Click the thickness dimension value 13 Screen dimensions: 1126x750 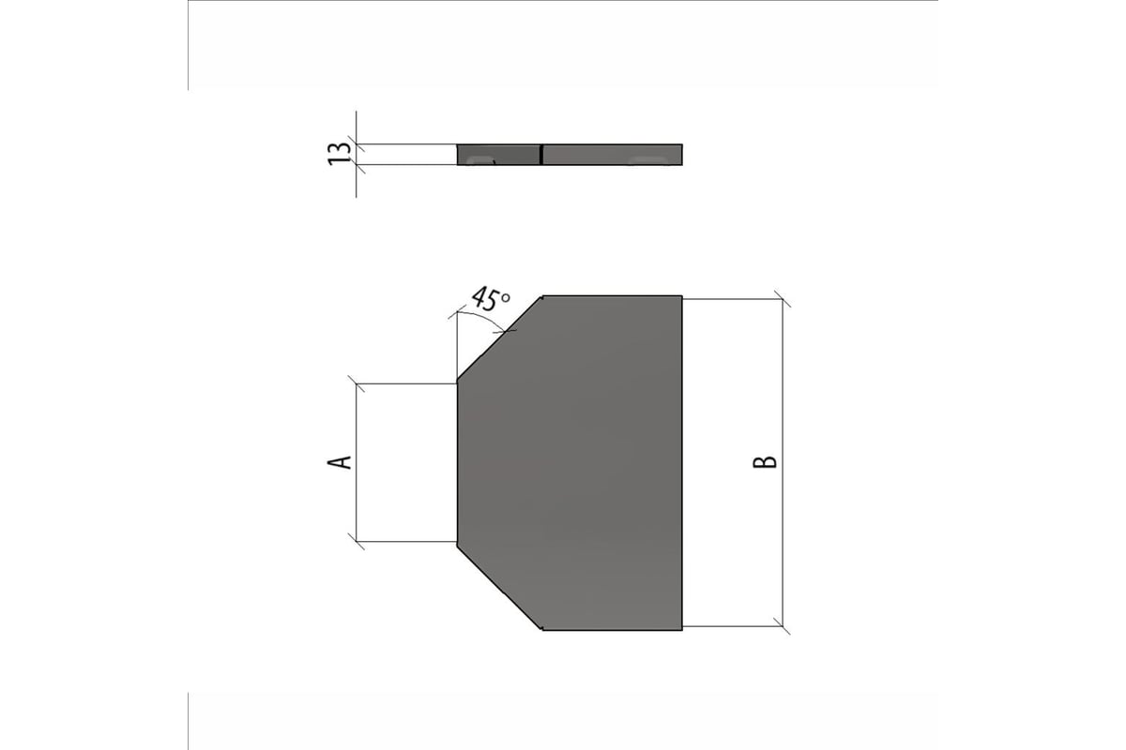pos(340,154)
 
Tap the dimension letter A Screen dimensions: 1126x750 pos(340,462)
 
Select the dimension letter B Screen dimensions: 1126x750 pos(765,462)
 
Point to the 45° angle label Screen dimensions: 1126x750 pos(491,299)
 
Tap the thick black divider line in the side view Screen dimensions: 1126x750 pos(540,155)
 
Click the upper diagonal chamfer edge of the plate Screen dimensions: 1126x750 pos(499,337)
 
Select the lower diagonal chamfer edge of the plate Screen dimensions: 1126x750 pos(499,587)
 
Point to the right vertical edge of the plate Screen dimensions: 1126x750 pos(682,463)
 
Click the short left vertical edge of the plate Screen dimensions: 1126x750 pos(458,461)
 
